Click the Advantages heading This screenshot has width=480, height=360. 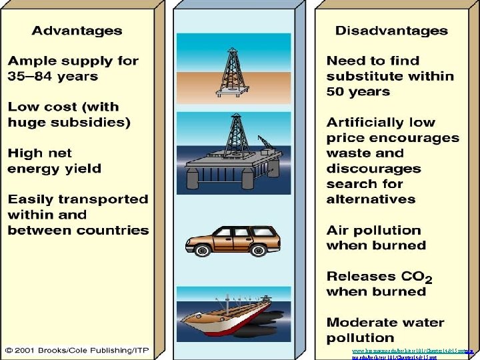pos(77,31)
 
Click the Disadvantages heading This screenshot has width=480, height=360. pos(391,31)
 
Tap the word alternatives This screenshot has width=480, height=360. pos(371,199)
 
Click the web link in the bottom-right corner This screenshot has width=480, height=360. pos(413,351)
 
